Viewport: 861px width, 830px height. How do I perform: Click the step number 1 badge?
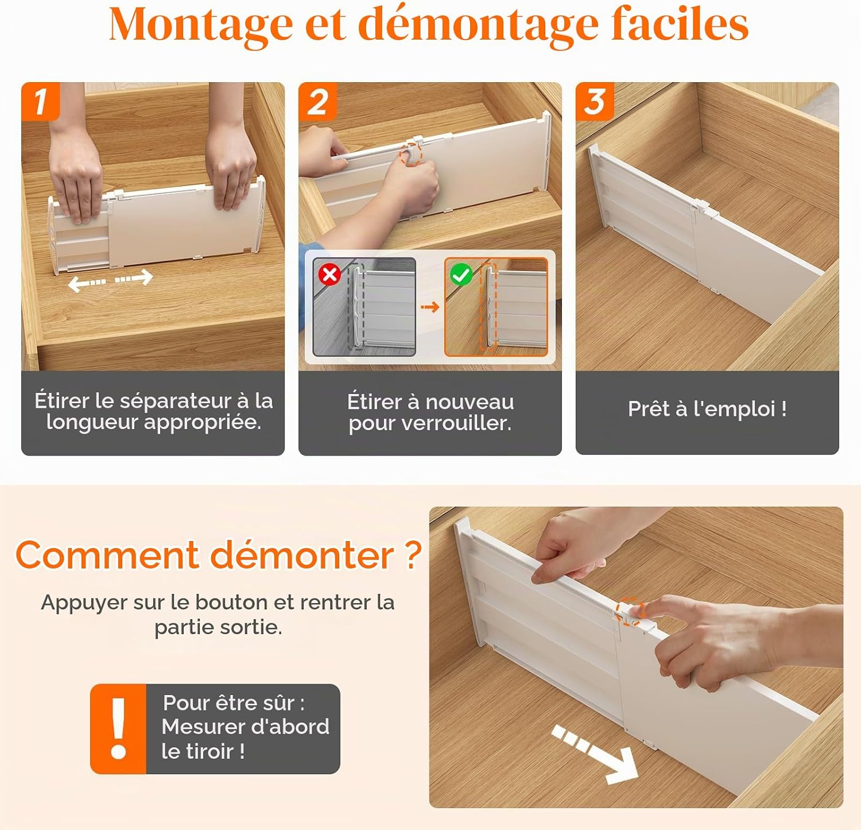pos(40,102)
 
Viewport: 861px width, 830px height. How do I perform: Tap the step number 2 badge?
pos(317,102)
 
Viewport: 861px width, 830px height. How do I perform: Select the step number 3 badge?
pos(595,102)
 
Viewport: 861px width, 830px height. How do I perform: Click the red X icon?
pos(330,275)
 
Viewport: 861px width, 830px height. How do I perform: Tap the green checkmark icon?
pos(461,275)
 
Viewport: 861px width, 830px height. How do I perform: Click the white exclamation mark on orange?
pos(119,728)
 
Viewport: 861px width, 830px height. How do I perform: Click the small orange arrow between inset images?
pos(430,307)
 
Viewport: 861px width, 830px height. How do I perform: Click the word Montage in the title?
pos(201,25)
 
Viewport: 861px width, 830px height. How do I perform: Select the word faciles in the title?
pos(680,24)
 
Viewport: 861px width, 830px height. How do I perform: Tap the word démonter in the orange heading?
pos(302,555)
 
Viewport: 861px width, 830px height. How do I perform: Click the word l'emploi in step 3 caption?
pos(734,409)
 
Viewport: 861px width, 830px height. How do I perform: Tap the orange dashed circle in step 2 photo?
pos(411,155)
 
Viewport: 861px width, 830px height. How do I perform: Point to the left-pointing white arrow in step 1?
pos(87,283)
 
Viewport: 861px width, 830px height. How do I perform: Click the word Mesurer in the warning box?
pos(201,727)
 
